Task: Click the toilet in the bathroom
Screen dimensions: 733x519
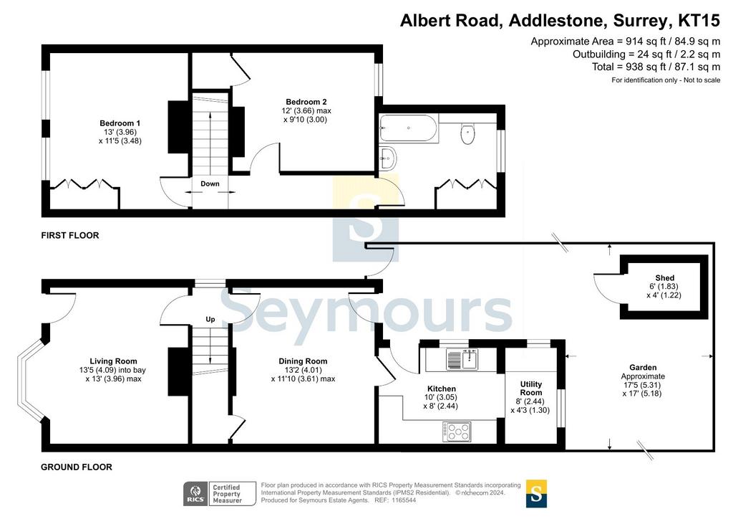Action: (x=467, y=133)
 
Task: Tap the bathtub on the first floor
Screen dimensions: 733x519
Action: (x=409, y=128)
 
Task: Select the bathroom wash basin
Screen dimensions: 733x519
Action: (x=387, y=158)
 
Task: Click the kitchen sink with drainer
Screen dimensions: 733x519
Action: (x=462, y=359)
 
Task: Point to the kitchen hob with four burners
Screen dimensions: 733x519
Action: (x=457, y=432)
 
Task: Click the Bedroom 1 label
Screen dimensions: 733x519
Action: (x=120, y=123)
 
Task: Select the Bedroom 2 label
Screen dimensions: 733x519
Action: (x=306, y=102)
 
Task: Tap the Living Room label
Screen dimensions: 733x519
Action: (x=114, y=361)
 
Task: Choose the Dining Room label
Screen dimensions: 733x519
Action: (x=303, y=361)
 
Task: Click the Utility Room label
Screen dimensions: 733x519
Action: (x=531, y=388)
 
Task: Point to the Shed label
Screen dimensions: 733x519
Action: (x=665, y=277)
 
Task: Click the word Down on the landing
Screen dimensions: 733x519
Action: (x=210, y=184)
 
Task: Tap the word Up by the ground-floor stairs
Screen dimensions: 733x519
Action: (x=210, y=319)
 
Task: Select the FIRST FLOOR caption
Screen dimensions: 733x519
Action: (x=70, y=235)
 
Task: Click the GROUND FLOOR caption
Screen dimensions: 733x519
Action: (x=77, y=467)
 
